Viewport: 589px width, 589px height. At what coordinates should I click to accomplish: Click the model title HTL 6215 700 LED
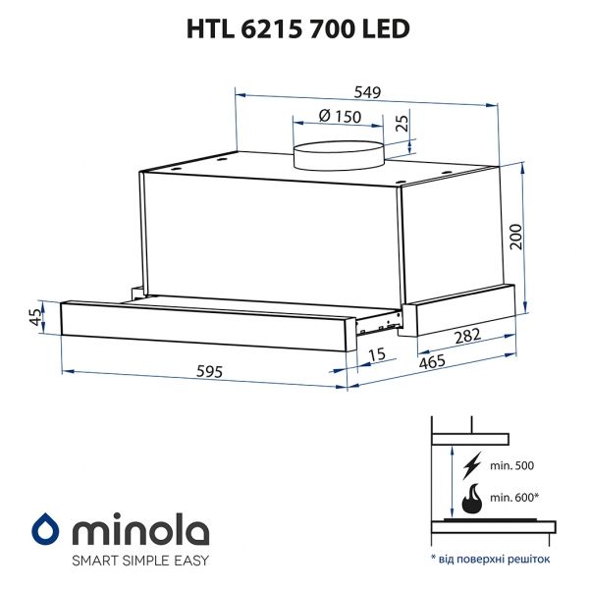click(x=294, y=28)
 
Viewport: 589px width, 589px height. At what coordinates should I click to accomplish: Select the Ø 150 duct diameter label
click(x=340, y=117)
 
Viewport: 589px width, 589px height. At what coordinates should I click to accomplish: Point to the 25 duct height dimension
click(x=401, y=125)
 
